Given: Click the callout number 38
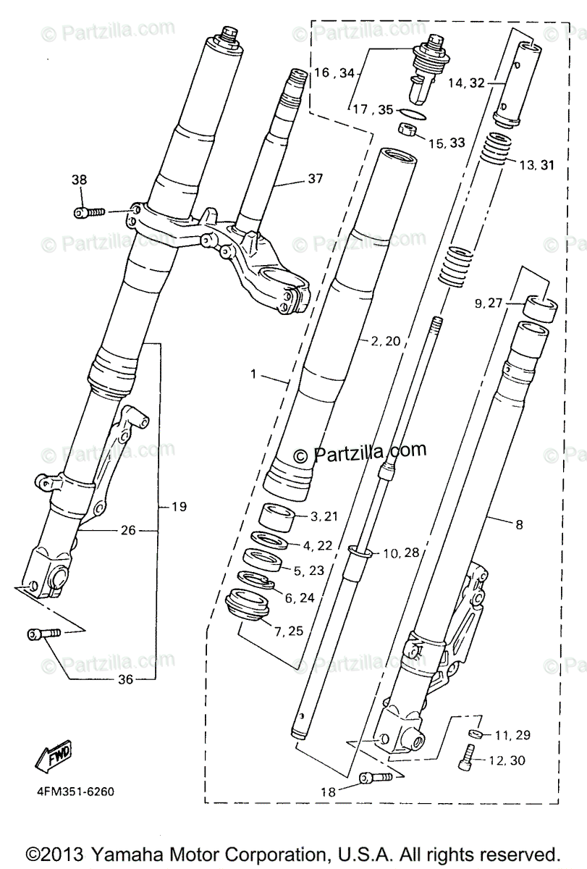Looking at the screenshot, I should pos(78,180).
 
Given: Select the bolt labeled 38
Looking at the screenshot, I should pos(89,211).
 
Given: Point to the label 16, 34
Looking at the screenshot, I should pos(334,72).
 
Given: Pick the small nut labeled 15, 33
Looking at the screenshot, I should pos(407,130).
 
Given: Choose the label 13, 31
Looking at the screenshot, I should pos(536,165).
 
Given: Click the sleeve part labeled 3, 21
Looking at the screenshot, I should pos(275,518).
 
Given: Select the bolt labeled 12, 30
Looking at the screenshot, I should pos(466,759).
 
